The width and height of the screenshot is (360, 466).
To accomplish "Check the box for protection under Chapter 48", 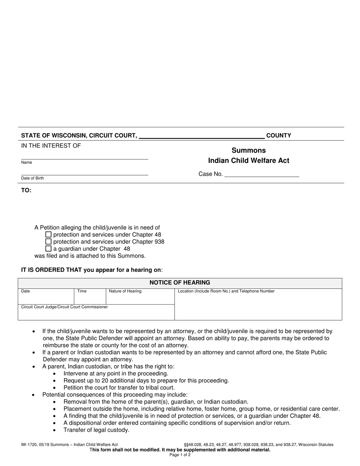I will [x=48, y=235].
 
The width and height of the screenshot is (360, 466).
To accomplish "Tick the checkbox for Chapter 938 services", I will [x=48, y=242].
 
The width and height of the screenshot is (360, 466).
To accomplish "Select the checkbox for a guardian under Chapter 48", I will [x=48, y=249].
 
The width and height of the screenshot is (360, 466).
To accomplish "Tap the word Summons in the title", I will [x=249, y=150].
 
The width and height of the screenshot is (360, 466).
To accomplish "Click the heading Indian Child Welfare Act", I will [x=249, y=161].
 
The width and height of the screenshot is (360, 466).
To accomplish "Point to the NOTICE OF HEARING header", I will [x=180, y=283].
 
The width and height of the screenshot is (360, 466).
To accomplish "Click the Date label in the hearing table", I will [x=25, y=291].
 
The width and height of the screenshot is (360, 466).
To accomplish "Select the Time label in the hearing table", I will [x=82, y=291].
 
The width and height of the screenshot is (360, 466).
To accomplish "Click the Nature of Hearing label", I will [x=125, y=291].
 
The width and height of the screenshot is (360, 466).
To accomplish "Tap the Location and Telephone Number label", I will [x=226, y=291].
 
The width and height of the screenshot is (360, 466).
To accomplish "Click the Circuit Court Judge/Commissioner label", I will [x=64, y=307].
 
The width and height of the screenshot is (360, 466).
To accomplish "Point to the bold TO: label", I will [x=26, y=190].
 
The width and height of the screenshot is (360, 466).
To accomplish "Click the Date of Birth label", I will [x=32, y=178].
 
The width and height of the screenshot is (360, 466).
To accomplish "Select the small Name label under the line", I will [x=27, y=163].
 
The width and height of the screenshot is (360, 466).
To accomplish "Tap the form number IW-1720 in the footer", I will [x=30, y=445].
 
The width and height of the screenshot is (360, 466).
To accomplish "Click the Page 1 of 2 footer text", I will [x=180, y=455].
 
